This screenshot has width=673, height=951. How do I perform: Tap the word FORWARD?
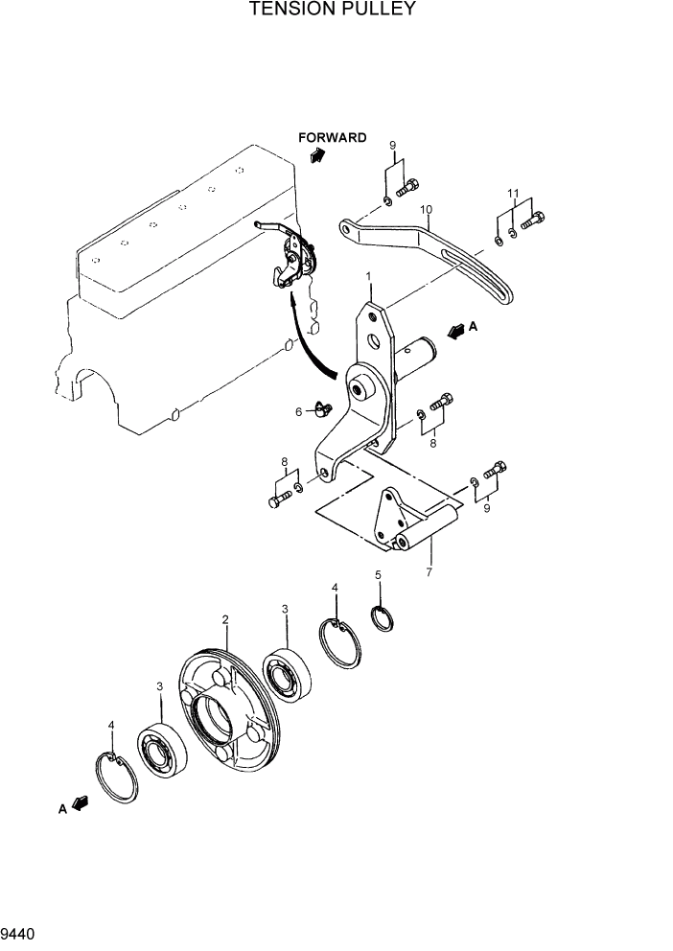click(x=332, y=137)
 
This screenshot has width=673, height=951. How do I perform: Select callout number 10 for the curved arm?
click(x=427, y=209)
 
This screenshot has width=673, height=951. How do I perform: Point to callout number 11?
click(x=514, y=194)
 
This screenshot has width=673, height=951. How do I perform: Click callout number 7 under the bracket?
click(x=429, y=572)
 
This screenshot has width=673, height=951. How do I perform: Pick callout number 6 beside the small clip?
click(x=298, y=411)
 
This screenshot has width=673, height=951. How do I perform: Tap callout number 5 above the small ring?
click(x=378, y=575)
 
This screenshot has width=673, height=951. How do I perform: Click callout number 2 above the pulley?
click(x=225, y=619)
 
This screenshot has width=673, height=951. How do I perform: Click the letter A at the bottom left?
click(x=61, y=809)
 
